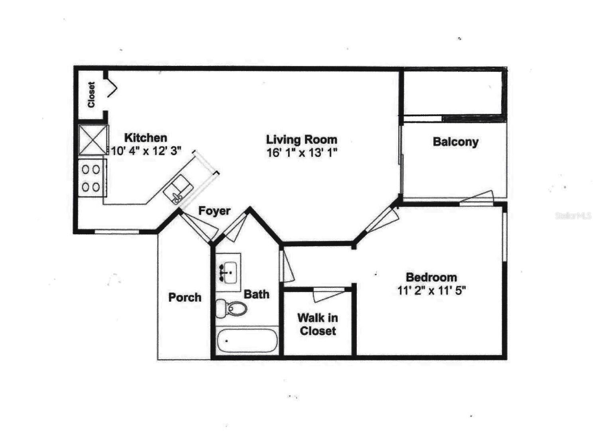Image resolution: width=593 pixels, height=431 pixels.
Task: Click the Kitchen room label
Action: [x=146, y=138]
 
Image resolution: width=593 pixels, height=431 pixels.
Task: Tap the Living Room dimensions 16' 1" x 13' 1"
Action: [x=302, y=152]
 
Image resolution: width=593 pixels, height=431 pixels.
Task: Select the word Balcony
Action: [x=455, y=142]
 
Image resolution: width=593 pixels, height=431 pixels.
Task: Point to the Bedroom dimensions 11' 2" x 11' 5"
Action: [x=431, y=290]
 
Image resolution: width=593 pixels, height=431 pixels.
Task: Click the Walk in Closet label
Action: [x=318, y=324]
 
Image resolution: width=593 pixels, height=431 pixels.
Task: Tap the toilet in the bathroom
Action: [x=231, y=308]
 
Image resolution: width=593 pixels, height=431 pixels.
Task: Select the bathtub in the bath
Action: [x=247, y=341]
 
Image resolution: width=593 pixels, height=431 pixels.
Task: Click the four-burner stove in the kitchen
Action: [x=92, y=178]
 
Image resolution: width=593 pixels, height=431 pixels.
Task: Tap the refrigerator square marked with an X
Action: [x=93, y=140]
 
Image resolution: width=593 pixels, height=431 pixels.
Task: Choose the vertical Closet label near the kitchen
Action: [x=91, y=95]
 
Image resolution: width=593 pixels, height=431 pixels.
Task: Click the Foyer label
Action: [x=214, y=211]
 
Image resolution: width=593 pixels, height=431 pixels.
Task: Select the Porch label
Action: [x=185, y=297]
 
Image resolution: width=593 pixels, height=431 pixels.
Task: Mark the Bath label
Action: [x=256, y=295]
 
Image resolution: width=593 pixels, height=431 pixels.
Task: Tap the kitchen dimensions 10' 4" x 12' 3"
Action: [x=146, y=151]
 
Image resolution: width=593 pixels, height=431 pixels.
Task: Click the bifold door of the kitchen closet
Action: [x=112, y=89]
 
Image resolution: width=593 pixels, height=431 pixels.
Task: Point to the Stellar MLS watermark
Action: [x=573, y=216]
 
